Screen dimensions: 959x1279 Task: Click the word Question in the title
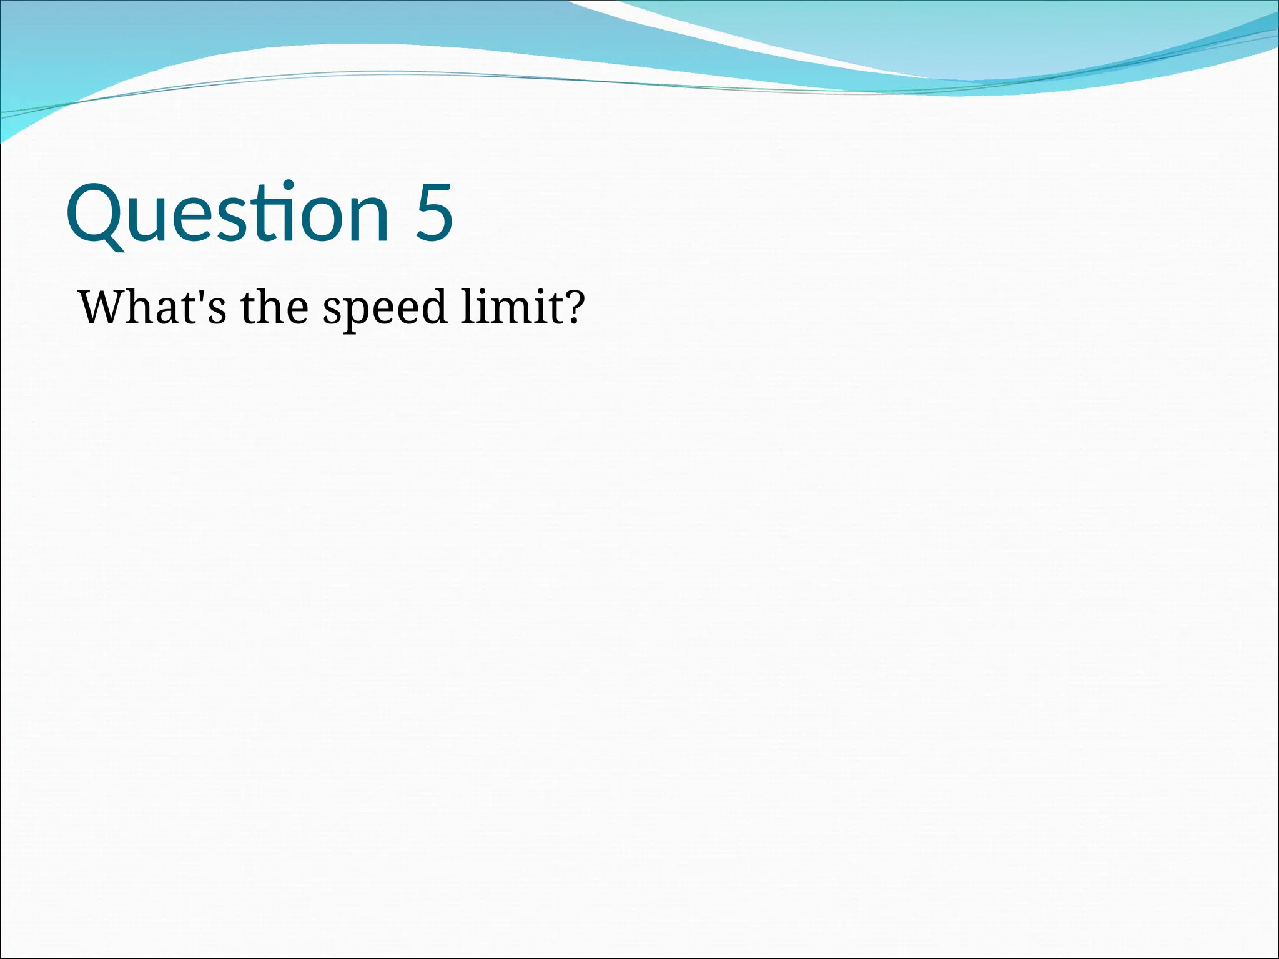pos(228,212)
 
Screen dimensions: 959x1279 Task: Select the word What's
pos(152,307)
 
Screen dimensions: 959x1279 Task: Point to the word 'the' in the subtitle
pos(274,307)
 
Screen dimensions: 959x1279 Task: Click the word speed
pos(385,309)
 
